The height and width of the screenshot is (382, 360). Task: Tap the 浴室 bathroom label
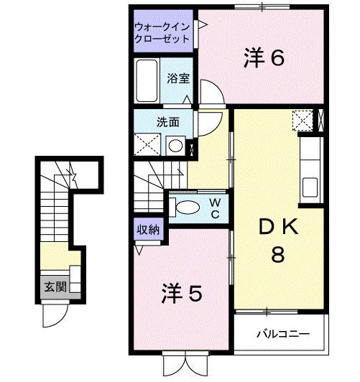[179, 79]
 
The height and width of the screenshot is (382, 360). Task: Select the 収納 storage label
[149, 231]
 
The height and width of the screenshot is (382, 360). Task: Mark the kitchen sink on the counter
[311, 187]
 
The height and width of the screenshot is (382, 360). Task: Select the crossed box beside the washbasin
[148, 145]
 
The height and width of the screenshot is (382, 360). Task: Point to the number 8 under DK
[277, 254]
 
